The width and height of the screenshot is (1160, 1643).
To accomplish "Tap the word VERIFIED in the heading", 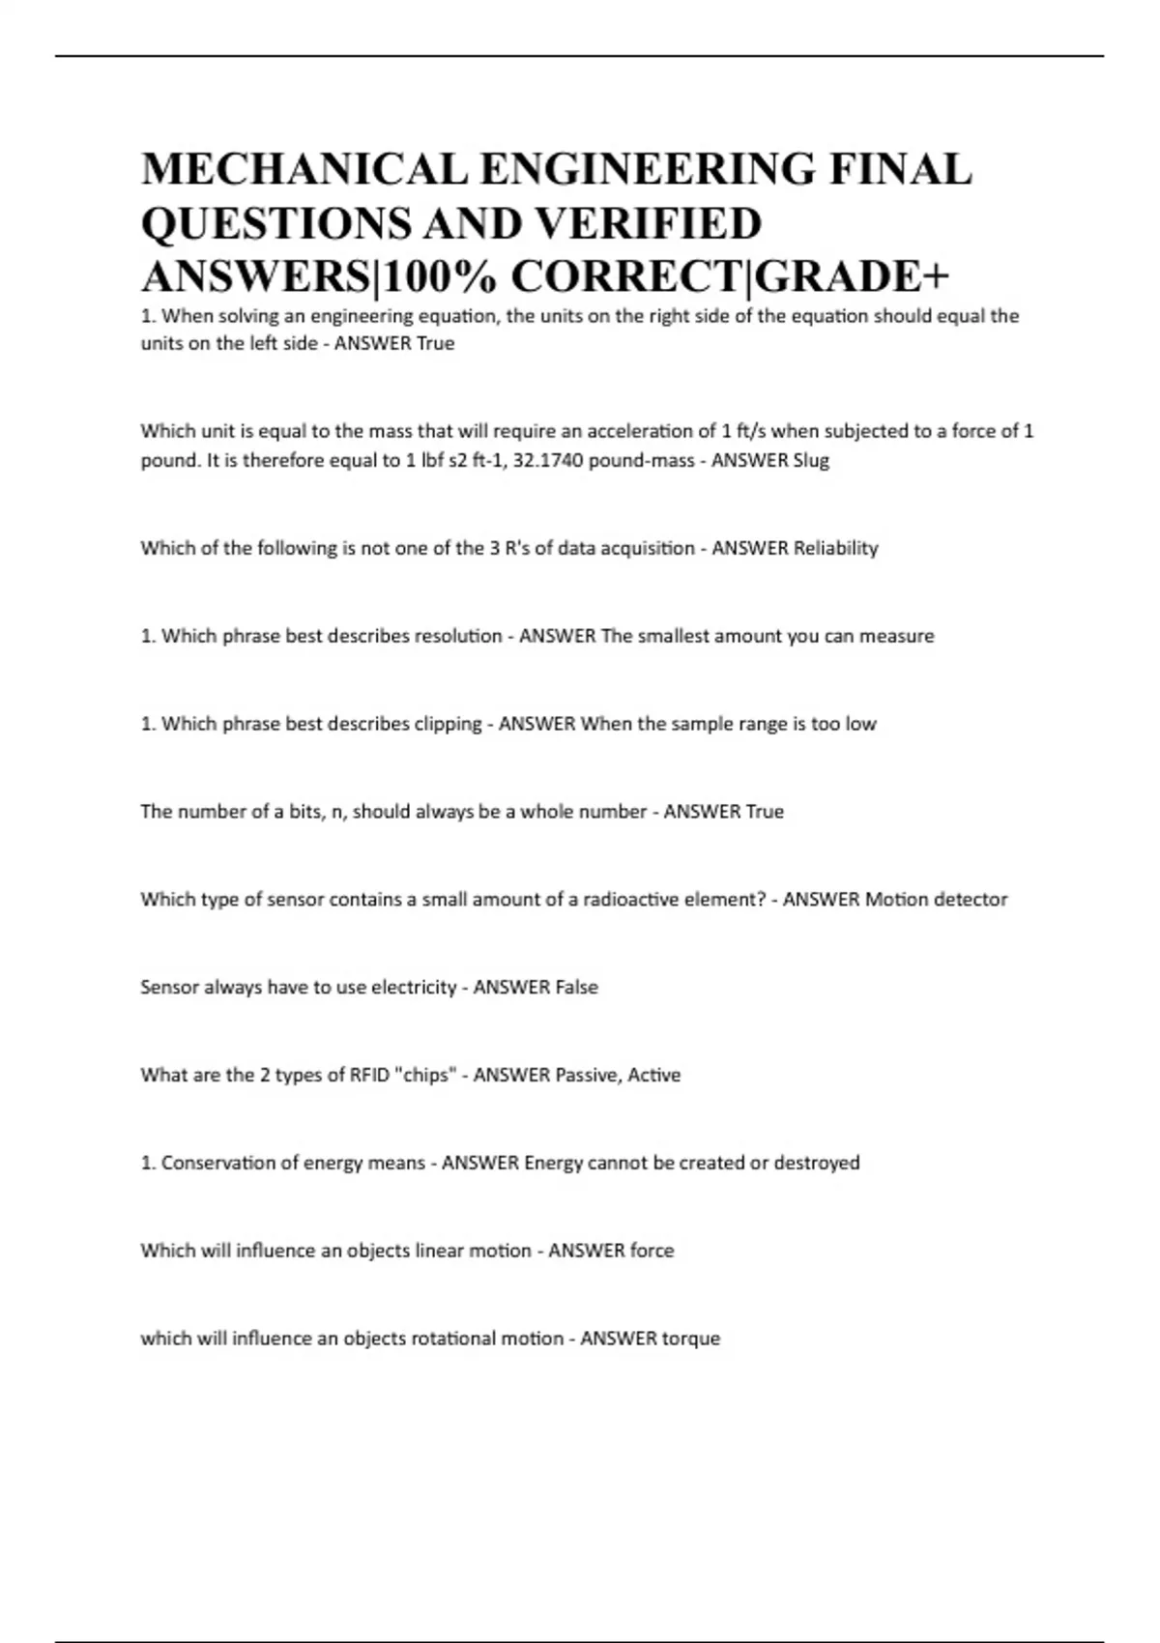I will coord(649,224).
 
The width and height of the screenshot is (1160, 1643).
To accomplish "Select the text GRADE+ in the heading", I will coord(852,277).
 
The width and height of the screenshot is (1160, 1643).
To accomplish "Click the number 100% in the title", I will coord(443,277).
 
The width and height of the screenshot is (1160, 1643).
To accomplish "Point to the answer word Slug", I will coord(811,460).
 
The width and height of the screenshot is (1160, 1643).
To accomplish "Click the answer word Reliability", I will coord(836,548).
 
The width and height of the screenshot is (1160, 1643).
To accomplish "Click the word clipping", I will coord(448,724).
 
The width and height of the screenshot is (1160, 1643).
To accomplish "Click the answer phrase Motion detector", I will coord(936,899).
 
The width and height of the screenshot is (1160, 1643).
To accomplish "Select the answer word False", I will coord(576,987).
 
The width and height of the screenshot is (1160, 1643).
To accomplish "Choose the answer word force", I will coord(652,1251).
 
